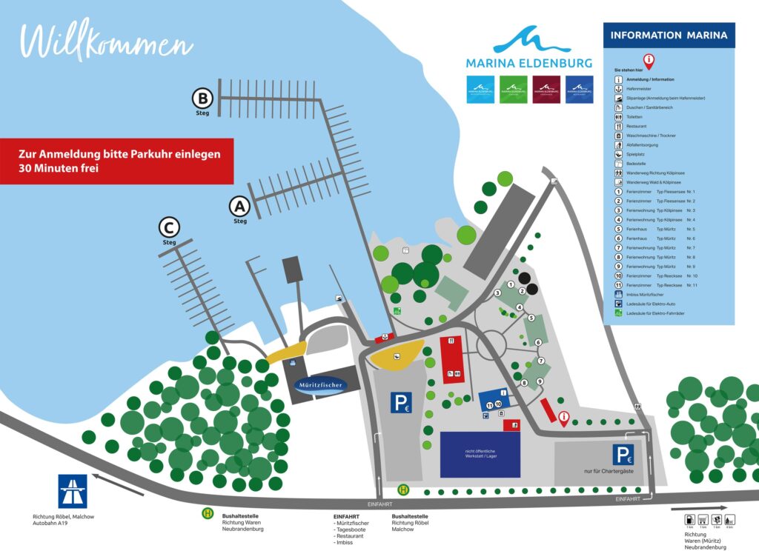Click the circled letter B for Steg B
tap(202, 98)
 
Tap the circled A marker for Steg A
tap(239, 206)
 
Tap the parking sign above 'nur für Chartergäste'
tap(622, 454)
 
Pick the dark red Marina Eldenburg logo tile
tap(546, 88)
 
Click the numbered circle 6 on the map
tap(538, 342)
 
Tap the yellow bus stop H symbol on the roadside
tap(404, 489)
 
